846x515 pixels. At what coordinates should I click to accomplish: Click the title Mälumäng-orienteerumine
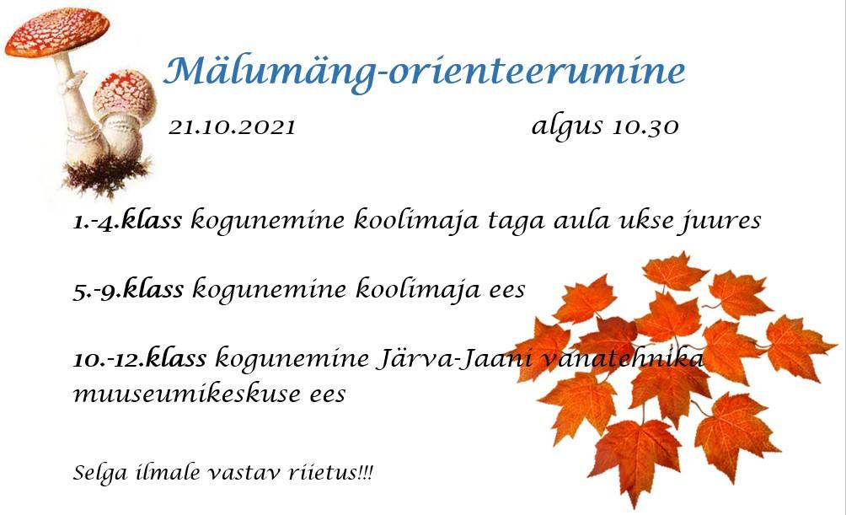(x=424, y=72)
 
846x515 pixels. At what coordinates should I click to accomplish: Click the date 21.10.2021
(x=232, y=127)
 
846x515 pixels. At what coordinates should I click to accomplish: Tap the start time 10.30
(x=645, y=126)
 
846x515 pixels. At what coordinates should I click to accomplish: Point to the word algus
(x=567, y=128)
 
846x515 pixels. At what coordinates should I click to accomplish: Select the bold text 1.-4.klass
(x=127, y=220)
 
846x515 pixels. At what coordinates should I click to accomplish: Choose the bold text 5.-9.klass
(x=128, y=289)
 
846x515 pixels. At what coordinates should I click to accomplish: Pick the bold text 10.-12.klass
(x=140, y=358)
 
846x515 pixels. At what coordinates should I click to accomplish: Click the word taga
(x=517, y=223)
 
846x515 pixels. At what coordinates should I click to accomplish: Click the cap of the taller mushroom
(x=57, y=32)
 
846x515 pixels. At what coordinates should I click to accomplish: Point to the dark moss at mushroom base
(x=107, y=174)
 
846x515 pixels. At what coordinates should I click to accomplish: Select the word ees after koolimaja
(x=507, y=289)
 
